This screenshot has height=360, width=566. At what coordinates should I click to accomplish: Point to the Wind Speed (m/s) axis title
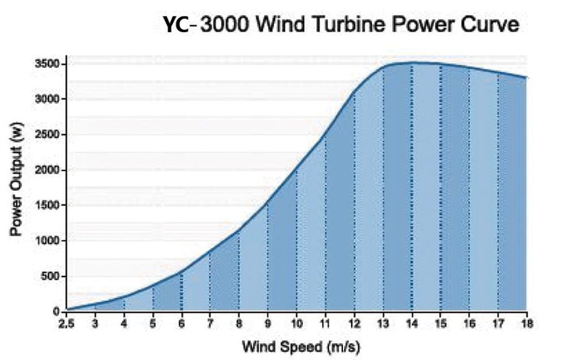coord(301,345)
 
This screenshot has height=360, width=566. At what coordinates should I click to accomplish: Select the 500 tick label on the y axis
coord(51,277)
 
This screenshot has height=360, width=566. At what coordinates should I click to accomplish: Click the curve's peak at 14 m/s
coord(411,62)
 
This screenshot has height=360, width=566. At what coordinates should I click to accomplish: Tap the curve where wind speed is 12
coord(354,91)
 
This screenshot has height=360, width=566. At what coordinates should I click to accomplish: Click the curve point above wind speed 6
coord(182,272)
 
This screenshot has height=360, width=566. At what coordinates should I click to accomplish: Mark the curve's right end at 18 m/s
coord(526,78)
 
